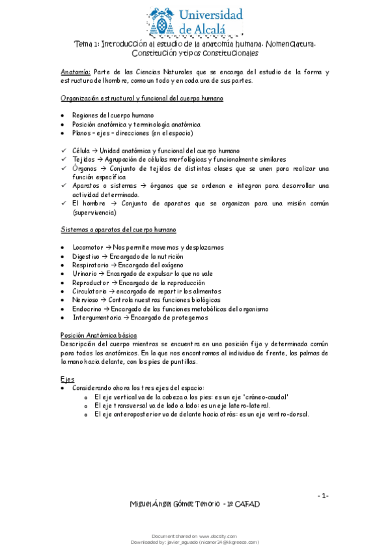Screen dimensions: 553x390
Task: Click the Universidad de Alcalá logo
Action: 195,21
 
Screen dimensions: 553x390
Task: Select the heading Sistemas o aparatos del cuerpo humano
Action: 118,230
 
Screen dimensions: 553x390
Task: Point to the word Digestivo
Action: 88,257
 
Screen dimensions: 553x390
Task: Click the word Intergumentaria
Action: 97,318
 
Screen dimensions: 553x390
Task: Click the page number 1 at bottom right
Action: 323,496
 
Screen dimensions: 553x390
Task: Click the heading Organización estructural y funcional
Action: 142,98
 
